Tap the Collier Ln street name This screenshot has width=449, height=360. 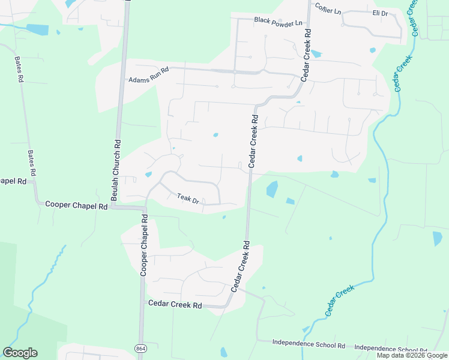[x=327, y=11]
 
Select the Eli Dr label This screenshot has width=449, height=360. [x=380, y=13]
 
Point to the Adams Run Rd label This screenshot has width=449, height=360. [x=149, y=74]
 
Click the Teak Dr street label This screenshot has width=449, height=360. [x=188, y=198]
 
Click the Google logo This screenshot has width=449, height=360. [x=20, y=353]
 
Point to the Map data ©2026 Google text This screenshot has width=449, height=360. [x=412, y=355]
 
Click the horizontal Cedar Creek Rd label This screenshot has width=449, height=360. [x=175, y=305]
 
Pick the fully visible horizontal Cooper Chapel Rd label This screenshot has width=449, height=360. [x=76, y=205]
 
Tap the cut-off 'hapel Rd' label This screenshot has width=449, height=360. [x=13, y=181]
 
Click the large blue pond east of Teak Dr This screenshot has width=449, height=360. [x=272, y=189]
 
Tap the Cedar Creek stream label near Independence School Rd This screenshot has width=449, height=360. [x=340, y=301]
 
